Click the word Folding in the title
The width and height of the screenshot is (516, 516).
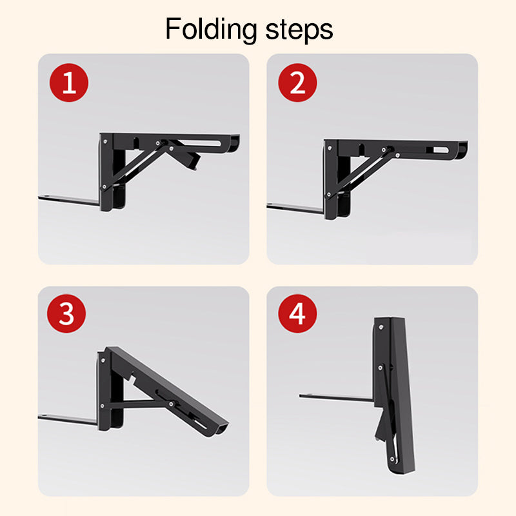(x=211, y=30)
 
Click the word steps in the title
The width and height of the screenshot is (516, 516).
(x=299, y=30)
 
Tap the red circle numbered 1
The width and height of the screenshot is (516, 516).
(x=69, y=83)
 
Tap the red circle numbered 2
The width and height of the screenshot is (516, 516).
(x=297, y=83)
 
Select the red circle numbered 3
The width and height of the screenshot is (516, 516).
(x=66, y=313)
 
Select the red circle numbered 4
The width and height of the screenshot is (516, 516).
(x=297, y=313)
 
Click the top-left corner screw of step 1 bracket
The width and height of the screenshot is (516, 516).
(x=105, y=142)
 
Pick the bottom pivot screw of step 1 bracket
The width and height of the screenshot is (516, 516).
(x=104, y=187)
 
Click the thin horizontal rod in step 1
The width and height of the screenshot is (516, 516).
(x=69, y=200)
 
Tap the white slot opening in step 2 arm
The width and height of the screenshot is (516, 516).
(x=441, y=150)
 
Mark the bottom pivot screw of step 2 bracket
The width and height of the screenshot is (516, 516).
(x=328, y=195)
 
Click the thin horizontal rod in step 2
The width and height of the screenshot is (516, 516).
(x=295, y=207)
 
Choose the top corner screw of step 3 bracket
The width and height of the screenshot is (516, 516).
(x=103, y=361)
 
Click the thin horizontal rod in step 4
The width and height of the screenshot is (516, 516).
(x=336, y=397)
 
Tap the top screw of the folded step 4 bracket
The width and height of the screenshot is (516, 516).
(x=381, y=328)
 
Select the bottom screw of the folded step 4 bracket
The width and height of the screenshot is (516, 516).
(x=392, y=459)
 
